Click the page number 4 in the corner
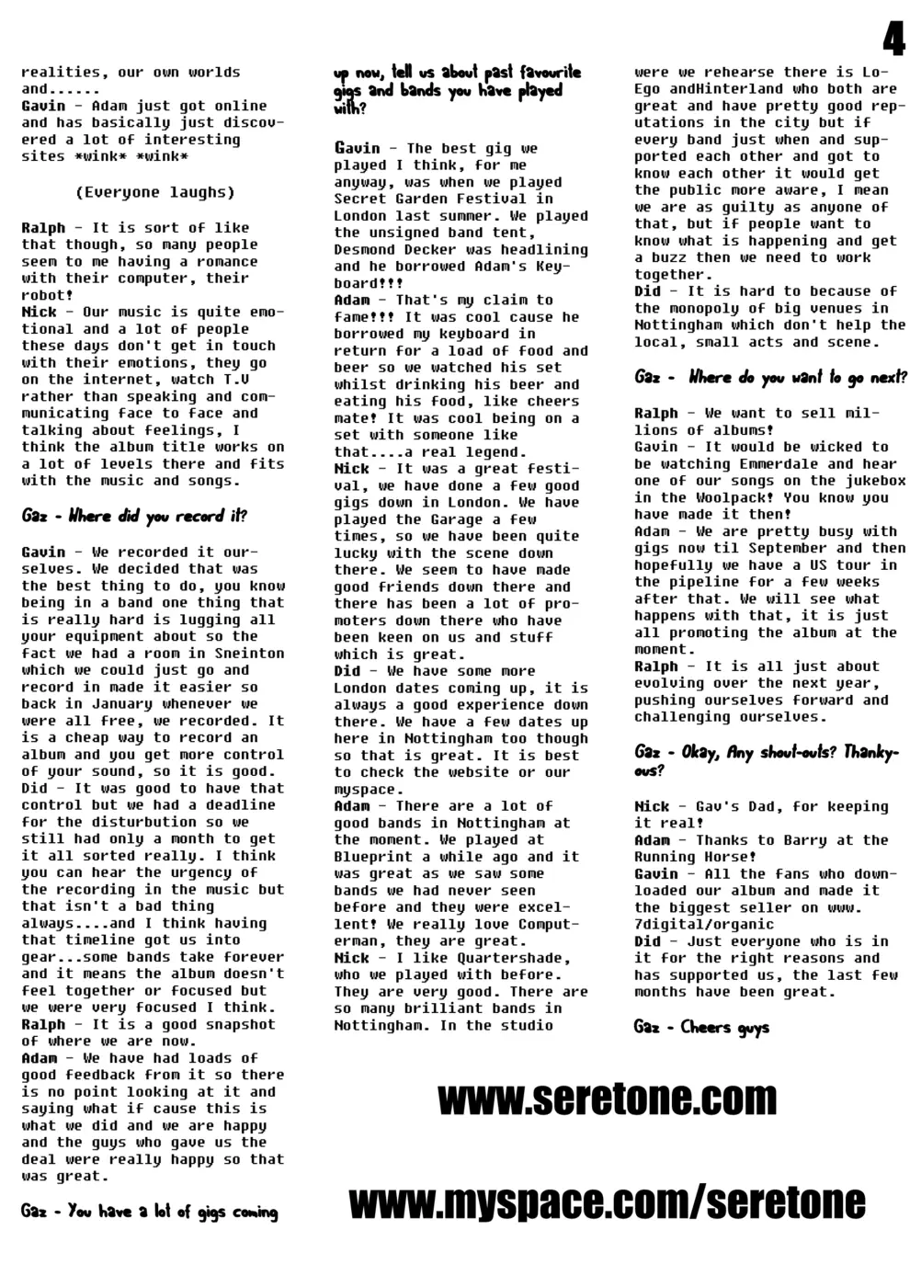click(x=893, y=40)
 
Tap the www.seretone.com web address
click(x=607, y=1099)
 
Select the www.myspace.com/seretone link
click(x=607, y=1202)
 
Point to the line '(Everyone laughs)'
click(x=154, y=192)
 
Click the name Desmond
click(x=364, y=249)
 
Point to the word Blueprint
click(x=373, y=857)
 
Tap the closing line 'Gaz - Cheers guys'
click(x=701, y=1027)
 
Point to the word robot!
click(x=47, y=295)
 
